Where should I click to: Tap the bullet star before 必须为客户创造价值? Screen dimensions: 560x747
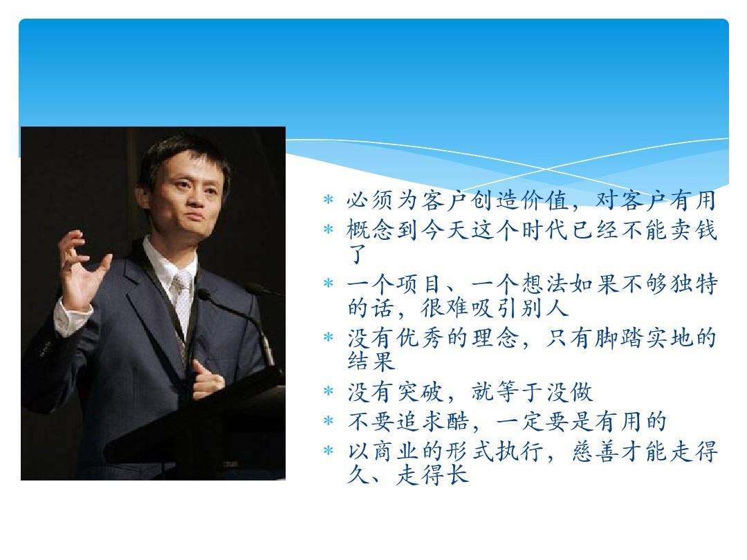coord(329,201)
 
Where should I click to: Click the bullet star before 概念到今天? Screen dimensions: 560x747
coord(329,230)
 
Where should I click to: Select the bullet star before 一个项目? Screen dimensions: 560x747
coord(329,283)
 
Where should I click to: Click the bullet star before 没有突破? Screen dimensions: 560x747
coord(329,392)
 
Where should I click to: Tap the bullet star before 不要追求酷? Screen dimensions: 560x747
coord(329,420)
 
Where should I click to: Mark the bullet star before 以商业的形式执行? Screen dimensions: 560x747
coord(329,451)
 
